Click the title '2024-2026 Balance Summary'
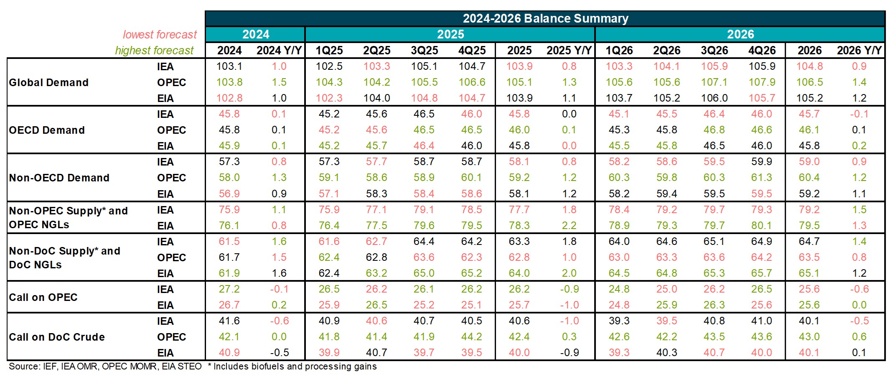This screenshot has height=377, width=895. pos(545,18)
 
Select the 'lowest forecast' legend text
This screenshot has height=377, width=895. pos(160,34)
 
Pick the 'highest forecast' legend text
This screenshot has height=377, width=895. pos(154,50)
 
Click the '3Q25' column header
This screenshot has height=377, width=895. pos(424,50)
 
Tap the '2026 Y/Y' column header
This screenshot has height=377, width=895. pos(859,50)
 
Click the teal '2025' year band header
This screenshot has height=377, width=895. pos(450,34)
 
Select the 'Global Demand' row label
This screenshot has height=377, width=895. pos(49,82)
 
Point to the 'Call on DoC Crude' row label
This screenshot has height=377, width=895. pos(57,337)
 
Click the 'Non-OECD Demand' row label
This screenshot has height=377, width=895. pos(59,178)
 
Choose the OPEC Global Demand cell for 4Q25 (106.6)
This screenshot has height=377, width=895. pos(472,82)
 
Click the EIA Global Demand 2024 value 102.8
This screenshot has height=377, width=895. pos(229,98)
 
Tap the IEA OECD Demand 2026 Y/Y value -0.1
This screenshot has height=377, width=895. pos(859,114)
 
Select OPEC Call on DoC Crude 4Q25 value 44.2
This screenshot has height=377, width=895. pos(472,337)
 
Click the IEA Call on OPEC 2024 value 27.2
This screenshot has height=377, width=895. pos(229,289)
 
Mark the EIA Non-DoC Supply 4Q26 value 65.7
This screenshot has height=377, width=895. pos(762,273)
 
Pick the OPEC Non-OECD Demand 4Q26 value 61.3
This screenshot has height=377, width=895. pos(762,178)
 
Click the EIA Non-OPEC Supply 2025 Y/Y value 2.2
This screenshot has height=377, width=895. pos(569,226)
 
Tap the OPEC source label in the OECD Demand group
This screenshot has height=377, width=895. pos(171,130)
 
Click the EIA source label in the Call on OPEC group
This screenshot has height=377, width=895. pos(165,305)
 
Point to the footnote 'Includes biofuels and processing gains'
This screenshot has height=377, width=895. pos(295,367)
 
